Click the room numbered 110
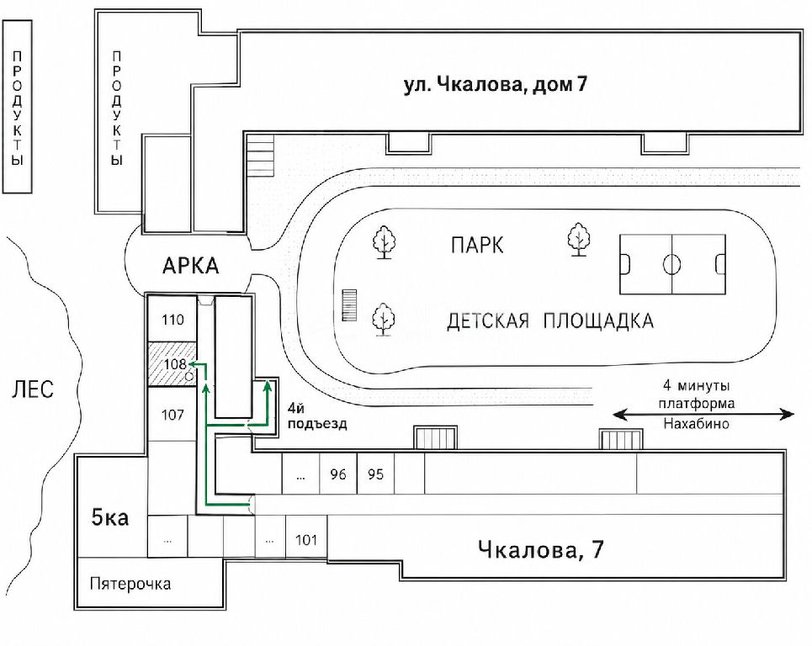[x=172, y=319]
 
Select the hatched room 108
[x=172, y=364]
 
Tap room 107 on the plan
[x=172, y=414]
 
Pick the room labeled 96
[x=337, y=474]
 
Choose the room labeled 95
[x=375, y=474]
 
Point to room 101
[x=306, y=540]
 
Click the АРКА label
[x=190, y=266]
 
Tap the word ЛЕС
[x=32, y=389]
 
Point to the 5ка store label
[x=109, y=517]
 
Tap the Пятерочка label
[x=130, y=584]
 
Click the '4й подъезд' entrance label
[x=317, y=416]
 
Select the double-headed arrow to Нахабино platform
[x=703, y=414]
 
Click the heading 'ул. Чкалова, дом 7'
[x=495, y=84]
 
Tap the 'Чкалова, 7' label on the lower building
[x=540, y=549]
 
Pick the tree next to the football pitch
[x=578, y=239]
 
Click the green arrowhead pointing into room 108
[x=192, y=364]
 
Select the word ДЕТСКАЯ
[x=488, y=321]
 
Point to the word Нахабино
[x=696, y=423]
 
